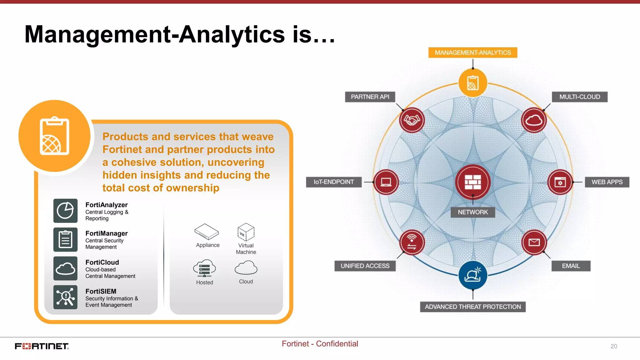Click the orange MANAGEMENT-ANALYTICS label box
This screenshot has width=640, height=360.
click(472, 52)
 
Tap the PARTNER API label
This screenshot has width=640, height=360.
click(370, 97)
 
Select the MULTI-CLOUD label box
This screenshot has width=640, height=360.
click(579, 97)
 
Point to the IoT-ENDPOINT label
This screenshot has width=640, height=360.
click(334, 182)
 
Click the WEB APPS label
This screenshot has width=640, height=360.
click(607, 182)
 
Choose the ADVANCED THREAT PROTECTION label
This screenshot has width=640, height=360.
click(472, 307)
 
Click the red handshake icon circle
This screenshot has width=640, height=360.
click(412, 120)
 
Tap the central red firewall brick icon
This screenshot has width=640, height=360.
click(472, 182)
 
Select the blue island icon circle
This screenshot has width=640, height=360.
click(472, 275)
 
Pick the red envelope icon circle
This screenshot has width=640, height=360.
click(534, 242)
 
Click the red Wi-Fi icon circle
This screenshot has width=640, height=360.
click(412, 242)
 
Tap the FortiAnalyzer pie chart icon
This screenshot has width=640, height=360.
click(65, 211)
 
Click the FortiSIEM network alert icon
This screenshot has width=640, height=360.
click(65, 297)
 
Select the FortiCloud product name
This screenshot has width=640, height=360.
click(102, 262)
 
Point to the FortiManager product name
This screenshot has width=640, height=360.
click(107, 233)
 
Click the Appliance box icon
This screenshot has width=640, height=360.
click(206, 232)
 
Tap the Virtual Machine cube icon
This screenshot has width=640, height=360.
click(246, 232)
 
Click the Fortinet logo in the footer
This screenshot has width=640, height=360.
click(42, 346)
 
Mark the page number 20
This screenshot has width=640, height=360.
click(613, 346)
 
